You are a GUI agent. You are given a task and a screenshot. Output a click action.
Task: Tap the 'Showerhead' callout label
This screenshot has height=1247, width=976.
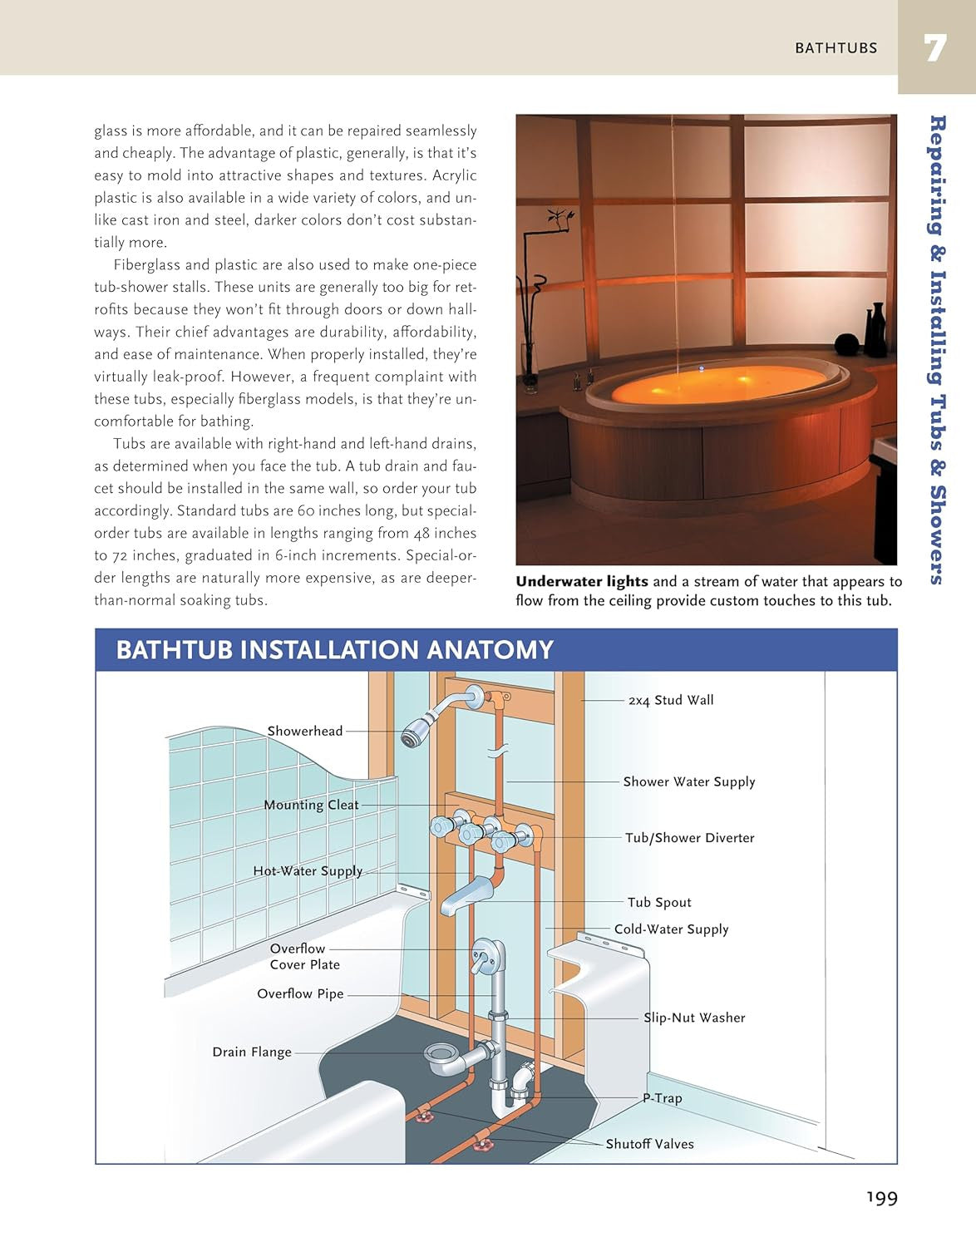coord(304,731)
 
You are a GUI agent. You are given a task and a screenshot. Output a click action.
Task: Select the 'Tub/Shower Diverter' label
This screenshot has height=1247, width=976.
coord(689,838)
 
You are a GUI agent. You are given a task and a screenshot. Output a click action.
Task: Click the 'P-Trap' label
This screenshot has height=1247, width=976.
coord(663,1098)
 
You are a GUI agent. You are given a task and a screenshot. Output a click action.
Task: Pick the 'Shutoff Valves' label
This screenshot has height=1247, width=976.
coord(649,1144)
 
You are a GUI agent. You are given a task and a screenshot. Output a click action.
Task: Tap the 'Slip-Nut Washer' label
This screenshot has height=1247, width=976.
coord(694,1018)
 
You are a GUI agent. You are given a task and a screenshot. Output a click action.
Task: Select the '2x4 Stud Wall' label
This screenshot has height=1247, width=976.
coord(671,700)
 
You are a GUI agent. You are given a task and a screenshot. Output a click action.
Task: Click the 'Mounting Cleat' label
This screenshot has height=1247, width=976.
coord(311,805)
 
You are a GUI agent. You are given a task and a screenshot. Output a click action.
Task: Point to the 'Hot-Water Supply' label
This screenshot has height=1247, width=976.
coord(308,871)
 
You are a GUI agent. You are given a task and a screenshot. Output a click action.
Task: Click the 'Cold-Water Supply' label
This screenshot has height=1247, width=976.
coord(671,929)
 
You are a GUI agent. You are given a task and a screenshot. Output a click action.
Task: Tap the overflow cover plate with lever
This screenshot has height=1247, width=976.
coord(484,955)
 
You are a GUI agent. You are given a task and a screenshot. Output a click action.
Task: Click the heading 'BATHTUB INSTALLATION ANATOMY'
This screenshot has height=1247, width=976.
coord(334,650)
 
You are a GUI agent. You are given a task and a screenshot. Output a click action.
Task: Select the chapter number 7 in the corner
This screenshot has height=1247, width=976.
coord(935,48)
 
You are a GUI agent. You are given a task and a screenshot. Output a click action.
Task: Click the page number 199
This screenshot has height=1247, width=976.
coord(881,1198)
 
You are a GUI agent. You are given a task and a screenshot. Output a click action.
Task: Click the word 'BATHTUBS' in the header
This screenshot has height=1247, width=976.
coord(836,48)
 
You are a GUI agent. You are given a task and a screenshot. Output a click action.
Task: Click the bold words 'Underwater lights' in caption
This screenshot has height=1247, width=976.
coord(581,582)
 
